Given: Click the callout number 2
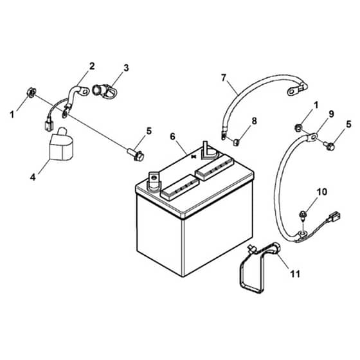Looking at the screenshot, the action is click(92, 66).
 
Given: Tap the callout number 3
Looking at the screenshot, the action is click(126, 68).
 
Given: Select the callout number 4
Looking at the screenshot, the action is click(33, 177).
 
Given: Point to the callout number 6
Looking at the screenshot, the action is click(172, 136).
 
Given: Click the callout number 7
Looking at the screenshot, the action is click(224, 78).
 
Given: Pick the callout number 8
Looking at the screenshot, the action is click(254, 121).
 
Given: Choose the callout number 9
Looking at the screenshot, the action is click(331, 114).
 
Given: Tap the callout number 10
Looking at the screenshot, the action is click(322, 192).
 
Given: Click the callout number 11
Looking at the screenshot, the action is click(295, 273).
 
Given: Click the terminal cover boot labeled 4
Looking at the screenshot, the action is click(61, 145).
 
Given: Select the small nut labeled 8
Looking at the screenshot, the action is click(237, 142).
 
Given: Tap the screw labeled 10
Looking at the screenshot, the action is click(302, 216).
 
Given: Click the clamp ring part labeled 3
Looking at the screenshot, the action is click(105, 91).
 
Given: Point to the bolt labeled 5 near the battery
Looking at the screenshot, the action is click(136, 155).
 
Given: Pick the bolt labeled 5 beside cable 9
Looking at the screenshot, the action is click(329, 145).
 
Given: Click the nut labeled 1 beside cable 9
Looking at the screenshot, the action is click(298, 127).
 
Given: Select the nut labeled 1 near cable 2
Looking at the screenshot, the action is click(32, 93).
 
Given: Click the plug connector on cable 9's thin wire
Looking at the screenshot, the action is click(334, 217).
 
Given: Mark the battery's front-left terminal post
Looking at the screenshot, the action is click(154, 181).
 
